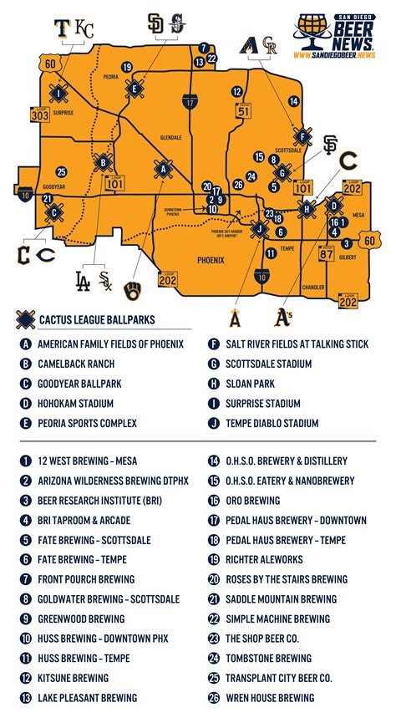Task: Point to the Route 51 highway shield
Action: coord(242,109)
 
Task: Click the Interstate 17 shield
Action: coord(192,102)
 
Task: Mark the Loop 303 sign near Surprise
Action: coord(39,115)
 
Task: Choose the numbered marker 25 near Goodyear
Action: coord(61,171)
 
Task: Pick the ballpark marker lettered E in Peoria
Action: coord(134,87)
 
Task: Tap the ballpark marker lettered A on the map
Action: coord(163,169)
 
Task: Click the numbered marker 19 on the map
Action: coord(126,67)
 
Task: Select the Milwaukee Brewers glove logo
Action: coord(133,291)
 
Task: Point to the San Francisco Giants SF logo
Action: coord(330,145)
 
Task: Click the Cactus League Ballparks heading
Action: coord(97,319)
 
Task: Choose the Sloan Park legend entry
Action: coord(250,384)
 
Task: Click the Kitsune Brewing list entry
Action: coord(74,678)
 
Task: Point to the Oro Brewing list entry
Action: coord(252,501)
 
